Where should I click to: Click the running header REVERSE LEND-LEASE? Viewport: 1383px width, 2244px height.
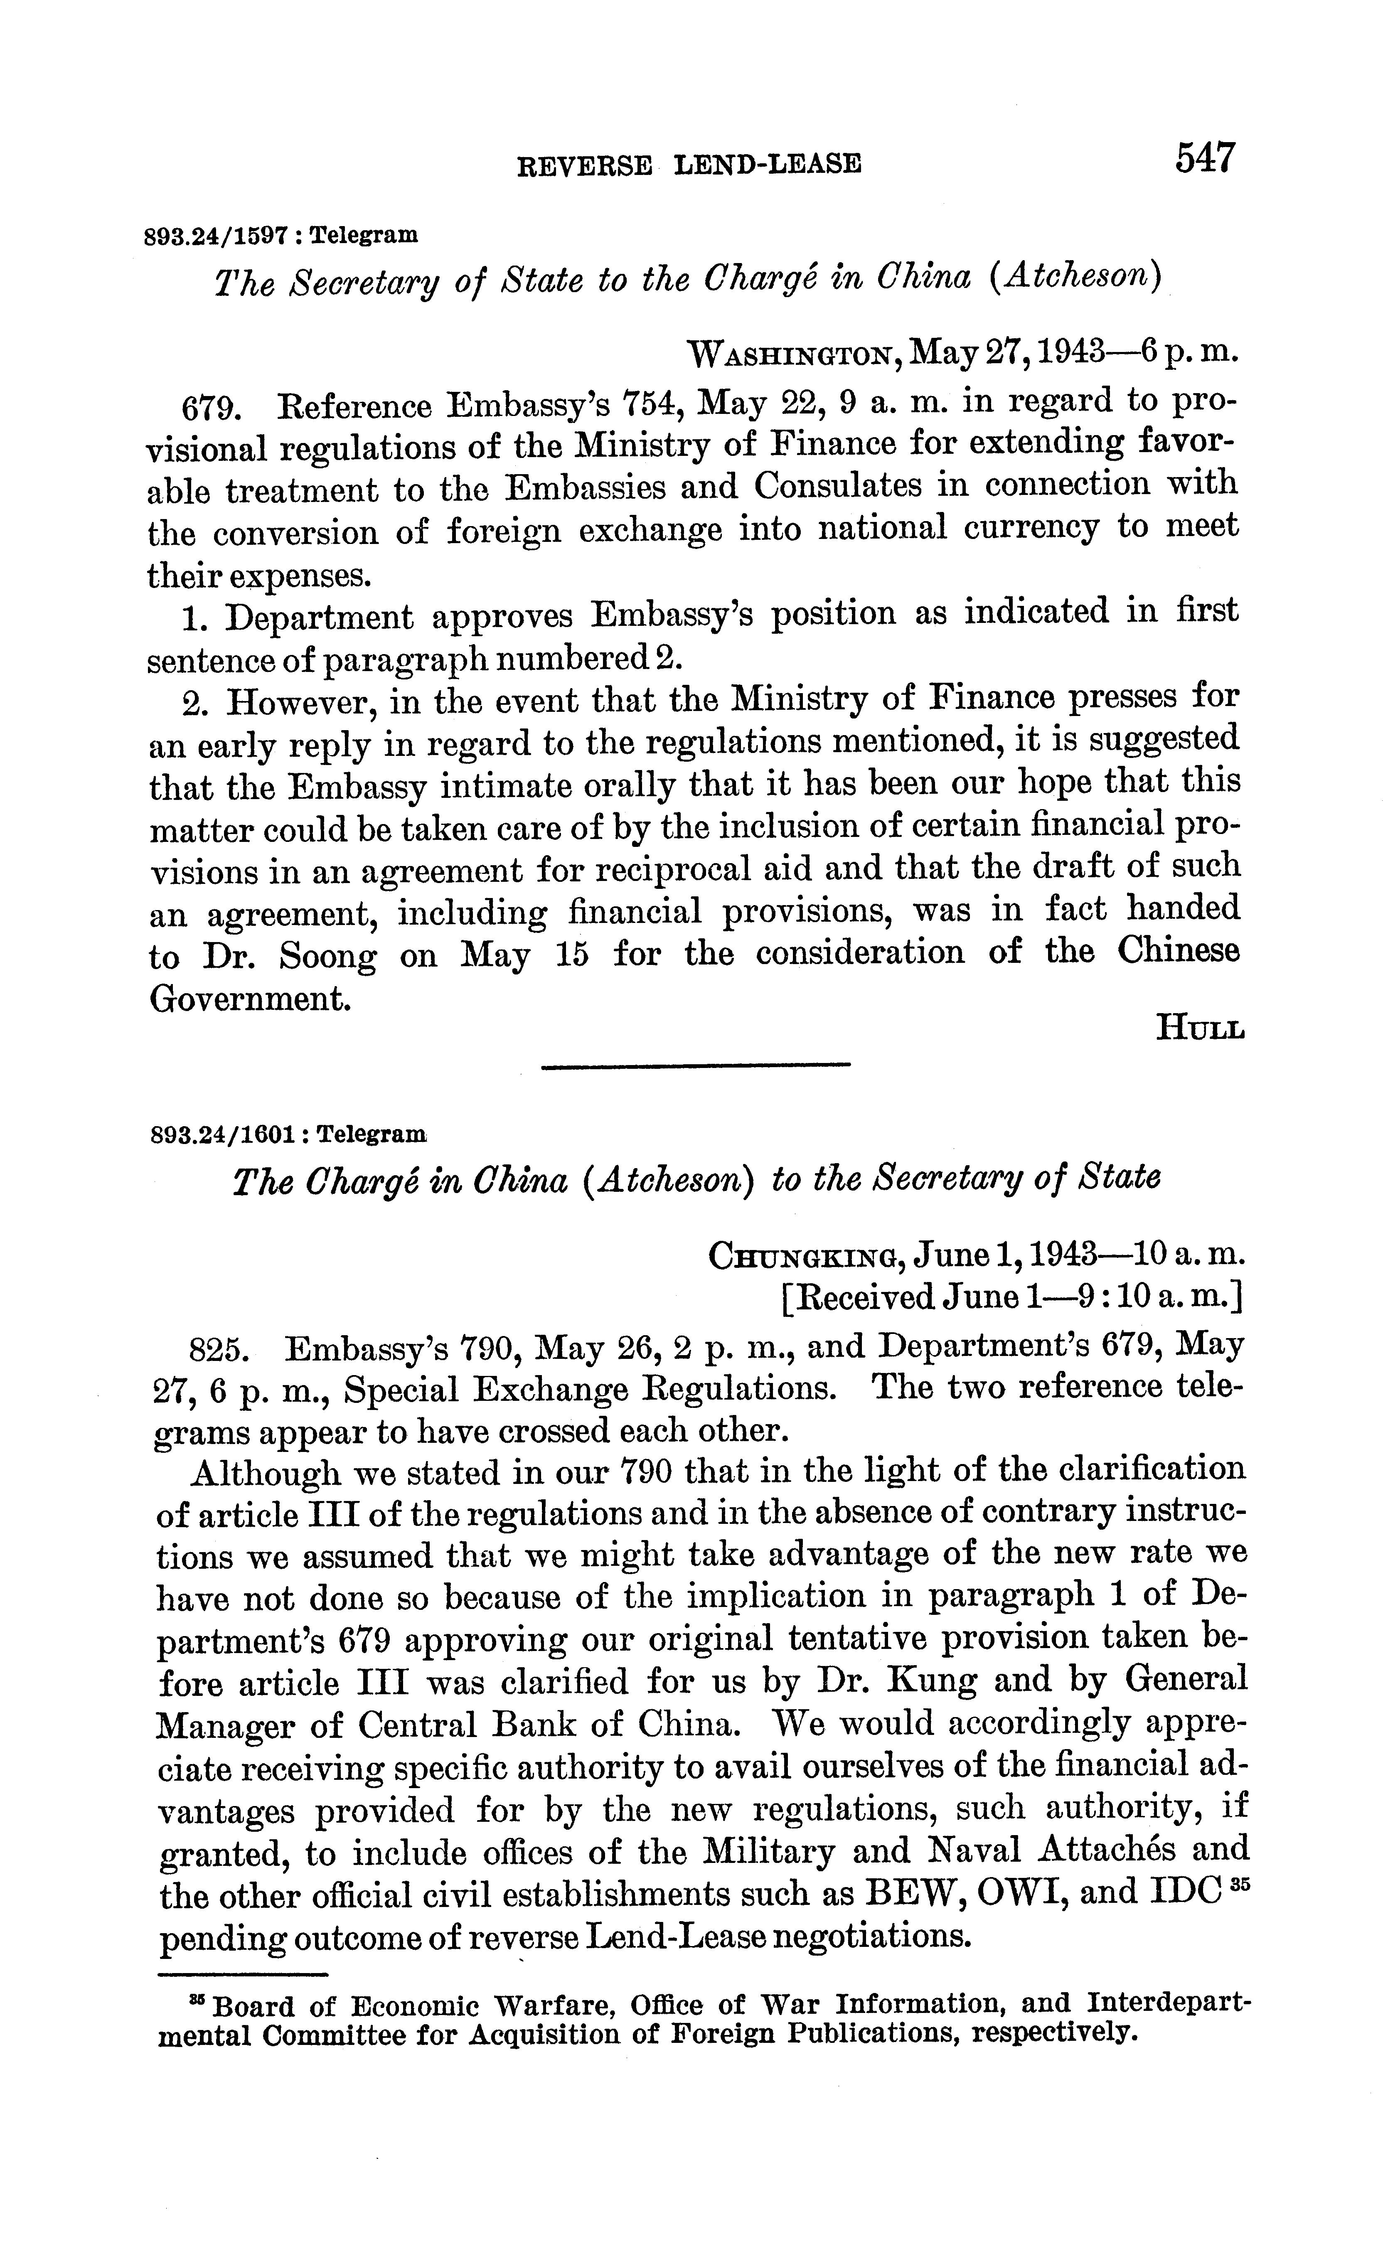click(689, 165)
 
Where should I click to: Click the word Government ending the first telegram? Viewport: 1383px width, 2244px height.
click(249, 998)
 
